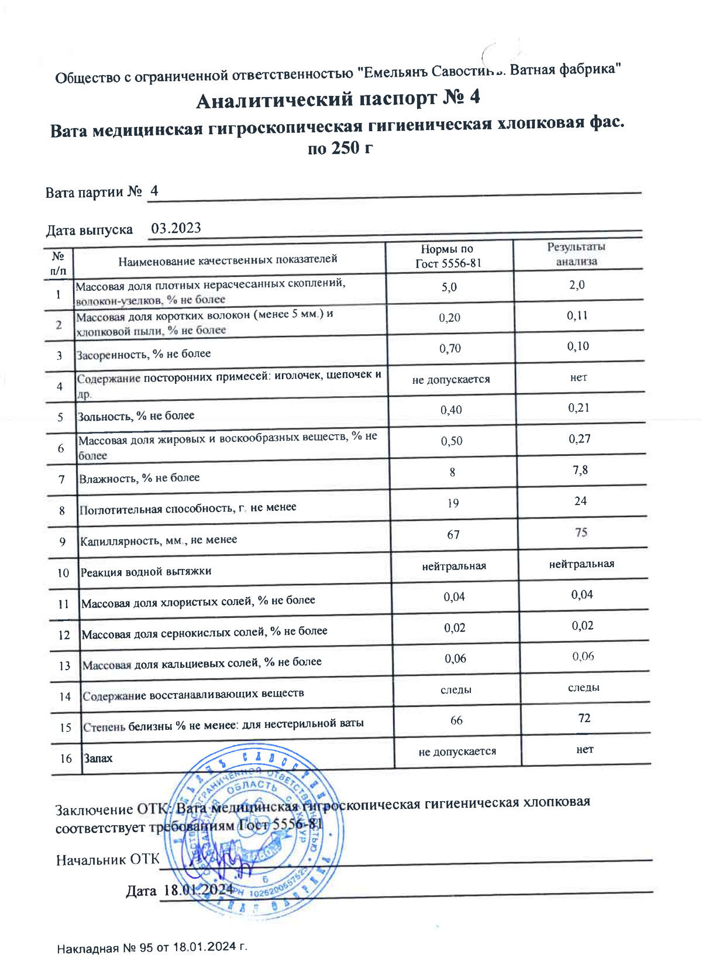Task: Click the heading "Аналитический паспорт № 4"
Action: pyautogui.click(x=338, y=99)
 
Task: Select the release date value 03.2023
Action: pyautogui.click(x=176, y=228)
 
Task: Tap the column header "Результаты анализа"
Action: pyautogui.click(x=576, y=254)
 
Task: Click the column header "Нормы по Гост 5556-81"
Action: pyautogui.click(x=448, y=256)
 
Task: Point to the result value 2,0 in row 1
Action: pyautogui.click(x=577, y=285)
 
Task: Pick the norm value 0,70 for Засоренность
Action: pyautogui.click(x=450, y=349)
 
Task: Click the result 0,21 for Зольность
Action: pyautogui.click(x=579, y=408)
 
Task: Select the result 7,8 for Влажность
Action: pyautogui.click(x=580, y=470)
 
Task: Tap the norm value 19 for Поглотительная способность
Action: pyautogui.click(x=453, y=503)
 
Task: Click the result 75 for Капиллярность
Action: pyautogui.click(x=581, y=533)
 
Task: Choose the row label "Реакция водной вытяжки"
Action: pyautogui.click(x=146, y=572)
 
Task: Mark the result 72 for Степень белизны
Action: pyautogui.click(x=584, y=718)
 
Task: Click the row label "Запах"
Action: pyautogui.click(x=98, y=758)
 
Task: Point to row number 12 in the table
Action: pyautogui.click(x=64, y=635)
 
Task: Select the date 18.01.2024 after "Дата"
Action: pyautogui.click(x=198, y=890)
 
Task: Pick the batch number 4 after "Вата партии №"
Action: pyautogui.click(x=154, y=191)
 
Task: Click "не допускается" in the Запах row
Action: pyautogui.click(x=457, y=751)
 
